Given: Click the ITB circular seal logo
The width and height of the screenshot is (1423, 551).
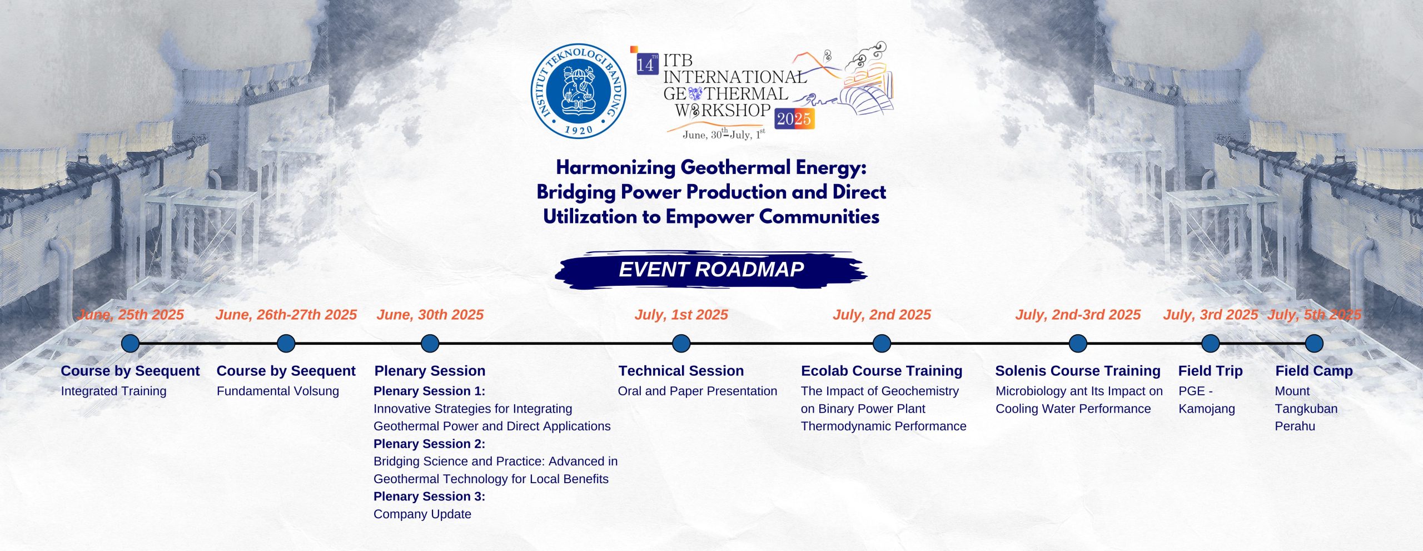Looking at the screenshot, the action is (x=579, y=91).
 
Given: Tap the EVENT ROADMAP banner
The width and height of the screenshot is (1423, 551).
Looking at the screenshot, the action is (x=711, y=270).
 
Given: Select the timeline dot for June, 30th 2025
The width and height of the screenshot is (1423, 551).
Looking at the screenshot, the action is (x=430, y=344).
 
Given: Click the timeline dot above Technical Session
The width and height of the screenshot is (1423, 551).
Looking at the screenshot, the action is (x=681, y=344).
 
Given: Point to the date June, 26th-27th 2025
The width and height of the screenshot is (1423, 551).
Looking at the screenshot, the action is (x=286, y=315).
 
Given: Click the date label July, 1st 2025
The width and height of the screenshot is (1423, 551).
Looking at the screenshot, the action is (x=681, y=315).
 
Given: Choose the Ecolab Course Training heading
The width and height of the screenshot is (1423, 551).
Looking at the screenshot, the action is (x=882, y=371).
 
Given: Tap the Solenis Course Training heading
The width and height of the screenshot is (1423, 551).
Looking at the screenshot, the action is (x=1078, y=371).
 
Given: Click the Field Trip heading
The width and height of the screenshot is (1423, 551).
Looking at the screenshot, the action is (x=1210, y=371).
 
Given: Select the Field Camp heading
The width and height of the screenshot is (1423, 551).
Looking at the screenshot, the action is (x=1314, y=371).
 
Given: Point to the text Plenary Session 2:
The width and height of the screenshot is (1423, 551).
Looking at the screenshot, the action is (x=429, y=444).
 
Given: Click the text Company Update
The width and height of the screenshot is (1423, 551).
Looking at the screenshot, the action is (x=422, y=514).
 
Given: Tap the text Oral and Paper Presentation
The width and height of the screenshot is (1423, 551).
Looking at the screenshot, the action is (x=698, y=391).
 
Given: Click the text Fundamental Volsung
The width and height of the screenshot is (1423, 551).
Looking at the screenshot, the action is (x=278, y=391).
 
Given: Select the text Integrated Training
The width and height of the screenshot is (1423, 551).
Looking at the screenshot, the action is (x=113, y=391).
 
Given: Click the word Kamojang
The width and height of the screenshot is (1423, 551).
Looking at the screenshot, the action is (x=1207, y=409).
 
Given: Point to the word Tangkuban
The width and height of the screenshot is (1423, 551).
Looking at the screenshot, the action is (x=1306, y=409).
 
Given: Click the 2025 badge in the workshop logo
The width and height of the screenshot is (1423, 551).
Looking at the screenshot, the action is (x=794, y=118).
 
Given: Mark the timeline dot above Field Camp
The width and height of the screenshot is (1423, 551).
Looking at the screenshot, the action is (x=1314, y=344).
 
